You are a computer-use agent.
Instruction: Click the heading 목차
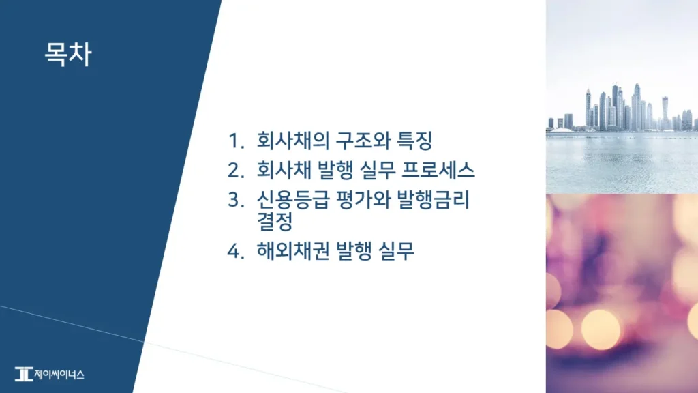click(x=67, y=54)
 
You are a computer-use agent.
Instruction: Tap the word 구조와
click(x=353, y=142)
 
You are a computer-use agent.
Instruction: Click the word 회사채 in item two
click(x=278, y=170)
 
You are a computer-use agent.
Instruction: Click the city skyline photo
click(x=622, y=96)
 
